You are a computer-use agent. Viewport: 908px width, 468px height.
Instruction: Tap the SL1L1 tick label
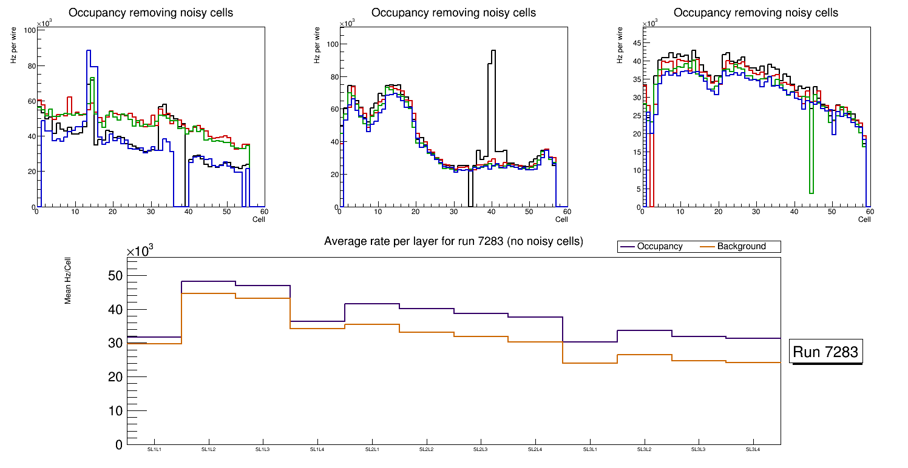[x=154, y=449]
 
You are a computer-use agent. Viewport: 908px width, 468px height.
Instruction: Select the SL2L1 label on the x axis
[x=372, y=449]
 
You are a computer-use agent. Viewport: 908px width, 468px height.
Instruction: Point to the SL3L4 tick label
[x=753, y=449]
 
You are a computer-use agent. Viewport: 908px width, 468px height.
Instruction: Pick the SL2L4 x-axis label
[x=535, y=449]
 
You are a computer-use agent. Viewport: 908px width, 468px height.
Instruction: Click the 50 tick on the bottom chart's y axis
[x=115, y=276]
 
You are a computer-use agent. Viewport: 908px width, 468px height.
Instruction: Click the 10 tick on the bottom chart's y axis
[x=115, y=411]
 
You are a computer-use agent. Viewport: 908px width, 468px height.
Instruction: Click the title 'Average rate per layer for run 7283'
[x=453, y=241]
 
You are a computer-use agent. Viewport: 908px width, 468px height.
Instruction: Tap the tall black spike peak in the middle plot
[x=493, y=51]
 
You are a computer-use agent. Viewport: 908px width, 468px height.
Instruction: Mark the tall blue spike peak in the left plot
[x=89, y=51]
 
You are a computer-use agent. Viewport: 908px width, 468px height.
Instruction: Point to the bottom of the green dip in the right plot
[x=811, y=193]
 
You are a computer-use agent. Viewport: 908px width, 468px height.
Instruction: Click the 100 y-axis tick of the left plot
[x=29, y=31]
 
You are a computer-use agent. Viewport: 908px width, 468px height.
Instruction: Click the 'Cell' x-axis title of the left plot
[x=259, y=219]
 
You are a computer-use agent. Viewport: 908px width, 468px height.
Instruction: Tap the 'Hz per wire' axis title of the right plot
[x=619, y=45]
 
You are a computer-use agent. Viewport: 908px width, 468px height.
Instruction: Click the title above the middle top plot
[x=453, y=13]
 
